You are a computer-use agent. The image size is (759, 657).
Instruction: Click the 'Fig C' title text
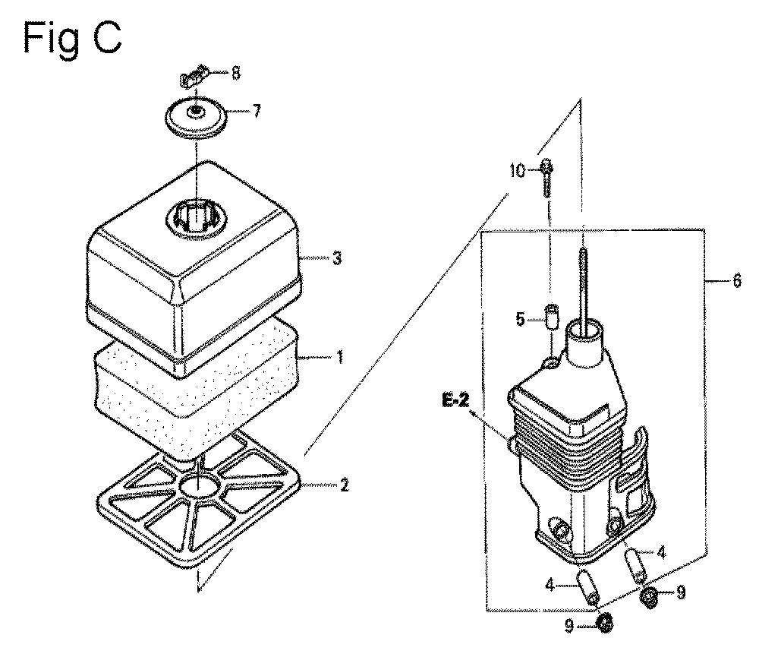coord(72,39)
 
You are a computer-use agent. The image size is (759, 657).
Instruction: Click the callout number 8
coord(235,74)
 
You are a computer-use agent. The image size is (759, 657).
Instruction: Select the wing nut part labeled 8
coord(194,77)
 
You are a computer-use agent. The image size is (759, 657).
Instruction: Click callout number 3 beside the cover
coord(337,257)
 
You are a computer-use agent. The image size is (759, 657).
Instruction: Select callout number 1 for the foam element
coord(339,358)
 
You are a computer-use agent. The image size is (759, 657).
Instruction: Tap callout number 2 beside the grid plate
coord(344,485)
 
